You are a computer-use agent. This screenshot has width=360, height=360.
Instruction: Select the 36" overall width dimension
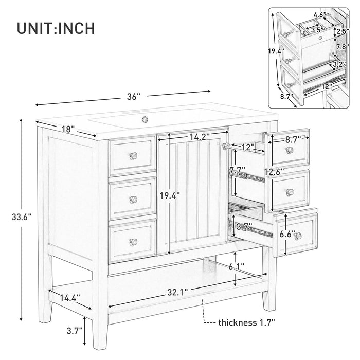[133, 96]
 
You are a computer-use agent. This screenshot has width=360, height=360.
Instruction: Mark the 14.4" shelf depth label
[69, 297]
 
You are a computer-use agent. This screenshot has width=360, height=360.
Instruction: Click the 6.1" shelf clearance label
[236, 267]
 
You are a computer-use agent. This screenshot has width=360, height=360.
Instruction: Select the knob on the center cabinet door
[225, 146]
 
